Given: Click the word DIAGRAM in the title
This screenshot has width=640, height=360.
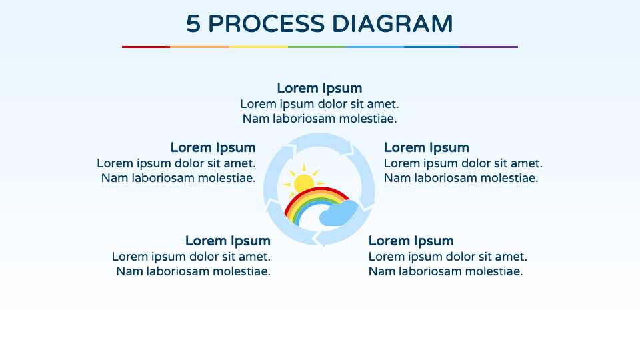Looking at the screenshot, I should [393, 24].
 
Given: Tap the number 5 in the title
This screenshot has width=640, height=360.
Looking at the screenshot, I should [193, 24].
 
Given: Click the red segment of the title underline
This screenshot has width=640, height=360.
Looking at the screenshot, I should [146, 47].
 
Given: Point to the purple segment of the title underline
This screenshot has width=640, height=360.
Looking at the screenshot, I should [489, 47].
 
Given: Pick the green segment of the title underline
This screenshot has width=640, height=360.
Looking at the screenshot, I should [317, 47].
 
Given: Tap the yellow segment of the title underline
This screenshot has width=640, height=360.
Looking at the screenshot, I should [259, 47].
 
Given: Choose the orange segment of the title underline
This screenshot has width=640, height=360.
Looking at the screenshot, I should [199, 47].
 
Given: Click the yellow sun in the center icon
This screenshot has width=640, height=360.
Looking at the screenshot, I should [303, 182].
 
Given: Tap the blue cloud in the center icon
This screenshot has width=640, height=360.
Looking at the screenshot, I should [339, 214].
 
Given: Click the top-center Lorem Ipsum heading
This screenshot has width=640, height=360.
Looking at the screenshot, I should [319, 88].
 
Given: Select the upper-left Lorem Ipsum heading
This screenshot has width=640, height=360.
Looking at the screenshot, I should [213, 147].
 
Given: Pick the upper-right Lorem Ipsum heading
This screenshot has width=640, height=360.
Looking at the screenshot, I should [427, 147].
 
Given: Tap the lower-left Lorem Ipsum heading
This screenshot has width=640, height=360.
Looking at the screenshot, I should [228, 241].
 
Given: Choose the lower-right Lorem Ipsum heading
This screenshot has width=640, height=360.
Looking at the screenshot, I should [411, 241].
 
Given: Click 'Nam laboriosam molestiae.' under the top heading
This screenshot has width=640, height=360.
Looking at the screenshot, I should [319, 119].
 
